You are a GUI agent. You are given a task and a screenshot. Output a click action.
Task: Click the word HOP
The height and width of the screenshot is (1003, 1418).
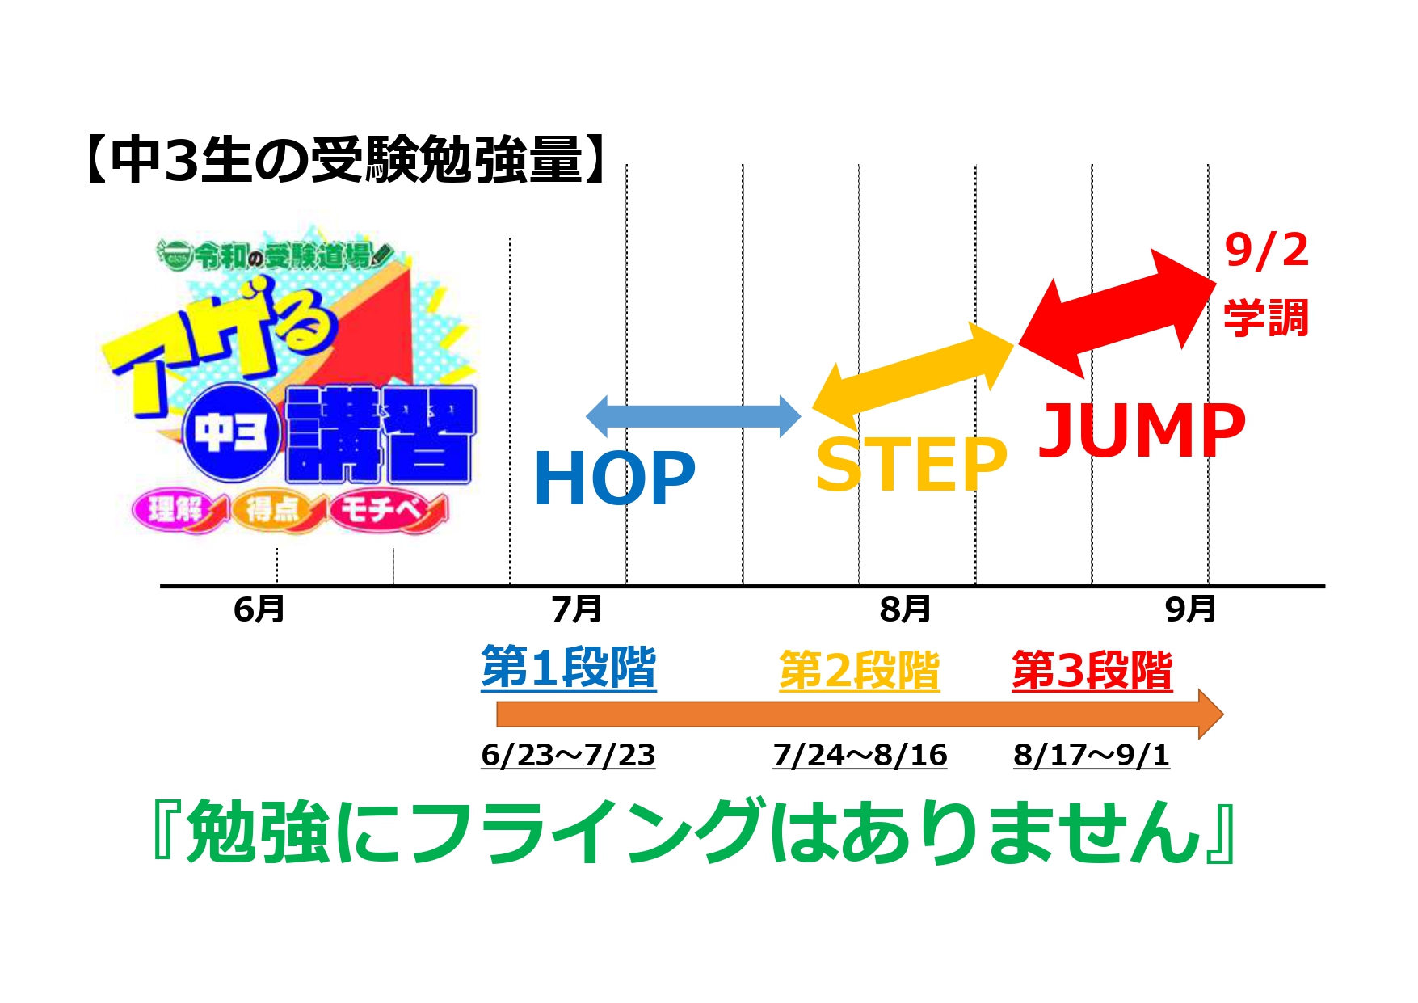click(614, 478)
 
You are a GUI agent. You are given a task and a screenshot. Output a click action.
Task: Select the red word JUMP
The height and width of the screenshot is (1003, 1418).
click(1142, 430)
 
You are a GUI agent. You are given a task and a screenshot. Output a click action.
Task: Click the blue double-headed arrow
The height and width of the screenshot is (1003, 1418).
click(693, 417)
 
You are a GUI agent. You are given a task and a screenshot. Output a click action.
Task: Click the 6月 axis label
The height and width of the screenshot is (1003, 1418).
click(259, 609)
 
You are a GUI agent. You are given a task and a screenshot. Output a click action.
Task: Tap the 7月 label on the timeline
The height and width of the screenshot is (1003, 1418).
click(577, 609)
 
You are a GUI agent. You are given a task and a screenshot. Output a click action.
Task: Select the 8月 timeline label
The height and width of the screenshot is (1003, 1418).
click(905, 609)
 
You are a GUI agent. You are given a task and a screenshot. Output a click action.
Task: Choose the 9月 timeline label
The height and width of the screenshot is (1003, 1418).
click(1190, 609)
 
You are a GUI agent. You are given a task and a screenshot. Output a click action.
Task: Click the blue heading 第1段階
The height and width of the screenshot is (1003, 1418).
click(569, 668)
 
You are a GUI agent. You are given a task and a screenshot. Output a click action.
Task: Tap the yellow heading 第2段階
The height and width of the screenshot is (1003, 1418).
click(860, 671)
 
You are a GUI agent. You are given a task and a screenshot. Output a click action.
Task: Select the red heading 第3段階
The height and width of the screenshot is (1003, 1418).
click(1092, 671)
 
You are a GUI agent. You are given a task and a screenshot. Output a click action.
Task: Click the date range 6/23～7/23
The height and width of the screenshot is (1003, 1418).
click(568, 755)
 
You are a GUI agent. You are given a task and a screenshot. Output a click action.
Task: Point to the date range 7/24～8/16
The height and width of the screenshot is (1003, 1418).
click(860, 755)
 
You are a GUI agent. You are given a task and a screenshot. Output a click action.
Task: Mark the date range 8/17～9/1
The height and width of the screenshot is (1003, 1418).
click(1092, 755)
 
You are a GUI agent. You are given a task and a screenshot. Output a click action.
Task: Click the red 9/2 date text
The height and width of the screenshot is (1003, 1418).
click(1266, 251)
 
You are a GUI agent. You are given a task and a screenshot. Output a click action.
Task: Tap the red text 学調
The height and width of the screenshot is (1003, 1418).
click(1266, 318)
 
